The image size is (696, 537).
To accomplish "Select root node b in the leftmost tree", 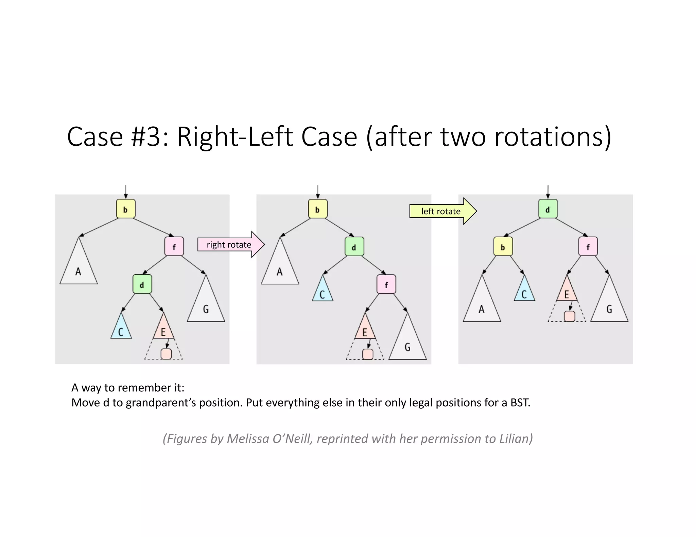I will (126, 209).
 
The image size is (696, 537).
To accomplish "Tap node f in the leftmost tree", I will (174, 246).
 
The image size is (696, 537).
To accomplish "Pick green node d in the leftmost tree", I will (142, 284).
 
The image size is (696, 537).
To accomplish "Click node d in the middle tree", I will (354, 246).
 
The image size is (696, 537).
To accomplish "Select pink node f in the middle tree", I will (386, 284).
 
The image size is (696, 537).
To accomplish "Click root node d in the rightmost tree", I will (548, 209).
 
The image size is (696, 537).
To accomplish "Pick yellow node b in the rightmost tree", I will (503, 246).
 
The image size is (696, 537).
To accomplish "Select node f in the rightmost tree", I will (588, 246).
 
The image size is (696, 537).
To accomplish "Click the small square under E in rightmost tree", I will (570, 316).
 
